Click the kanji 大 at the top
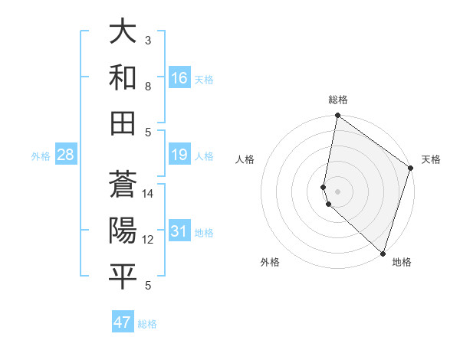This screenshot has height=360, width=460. [123, 33]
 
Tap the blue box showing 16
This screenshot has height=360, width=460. [179, 78]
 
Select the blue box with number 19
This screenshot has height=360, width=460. [179, 155]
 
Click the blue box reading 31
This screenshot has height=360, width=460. [179, 232]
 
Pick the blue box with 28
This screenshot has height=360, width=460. [65, 155]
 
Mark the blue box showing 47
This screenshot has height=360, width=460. [123, 322]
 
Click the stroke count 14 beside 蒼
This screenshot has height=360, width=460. [149, 194]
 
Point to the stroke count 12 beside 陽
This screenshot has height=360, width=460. [149, 240]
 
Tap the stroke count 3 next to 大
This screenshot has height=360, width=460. [149, 40]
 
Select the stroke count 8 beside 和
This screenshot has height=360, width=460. [149, 86]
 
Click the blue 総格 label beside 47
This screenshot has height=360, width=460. [148, 324]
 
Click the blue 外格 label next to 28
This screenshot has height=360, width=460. [41, 156]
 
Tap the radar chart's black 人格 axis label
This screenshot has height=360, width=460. [245, 159]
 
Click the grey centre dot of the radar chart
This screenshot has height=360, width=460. [338, 191]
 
